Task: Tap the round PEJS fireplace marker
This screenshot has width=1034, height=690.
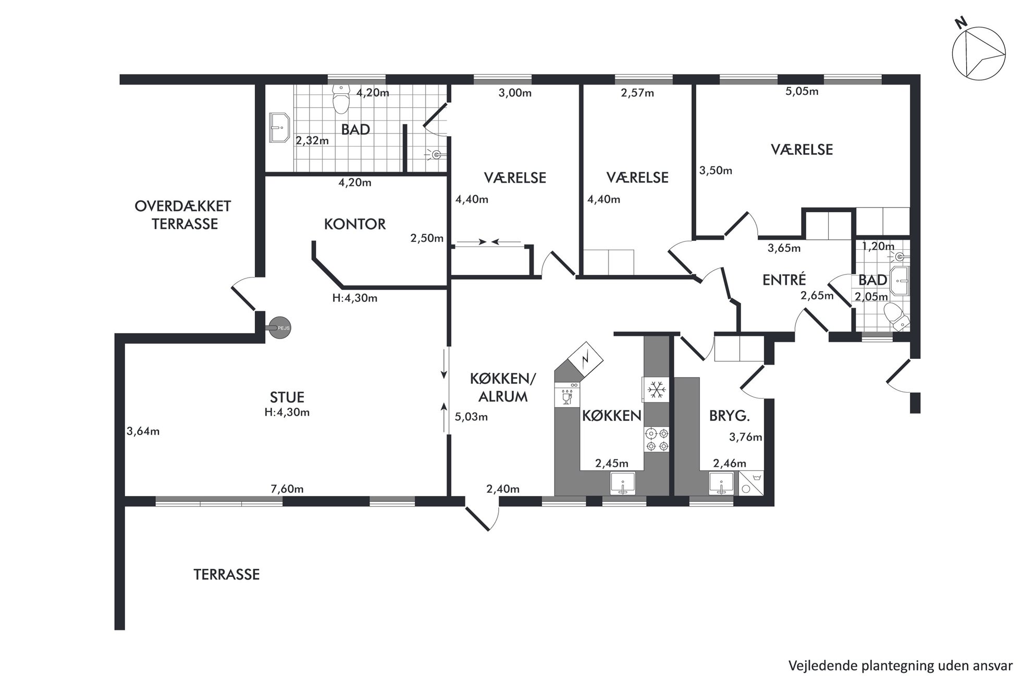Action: (280, 328)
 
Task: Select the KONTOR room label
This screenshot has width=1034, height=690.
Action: (355, 224)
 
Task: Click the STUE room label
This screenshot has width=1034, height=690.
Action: (287, 397)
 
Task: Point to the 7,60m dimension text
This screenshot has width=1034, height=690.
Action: (287, 489)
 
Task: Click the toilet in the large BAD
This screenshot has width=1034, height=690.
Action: (341, 99)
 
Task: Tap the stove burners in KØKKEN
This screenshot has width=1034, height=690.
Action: (657, 439)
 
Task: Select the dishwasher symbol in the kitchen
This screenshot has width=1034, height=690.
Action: (567, 394)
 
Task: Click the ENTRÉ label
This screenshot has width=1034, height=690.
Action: (784, 280)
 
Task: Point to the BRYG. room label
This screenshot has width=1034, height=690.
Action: (730, 416)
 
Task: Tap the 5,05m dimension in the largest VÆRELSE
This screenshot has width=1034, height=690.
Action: (802, 92)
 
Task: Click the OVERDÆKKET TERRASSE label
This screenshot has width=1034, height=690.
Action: (183, 215)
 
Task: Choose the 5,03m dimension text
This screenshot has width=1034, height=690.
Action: (471, 417)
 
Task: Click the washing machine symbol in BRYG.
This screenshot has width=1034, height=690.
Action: (750, 483)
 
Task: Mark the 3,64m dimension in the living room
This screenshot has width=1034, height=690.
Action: (143, 431)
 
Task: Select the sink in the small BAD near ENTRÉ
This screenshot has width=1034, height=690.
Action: (900, 282)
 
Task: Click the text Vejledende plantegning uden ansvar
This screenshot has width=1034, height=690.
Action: (901, 666)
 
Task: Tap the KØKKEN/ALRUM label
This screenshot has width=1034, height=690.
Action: (503, 388)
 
